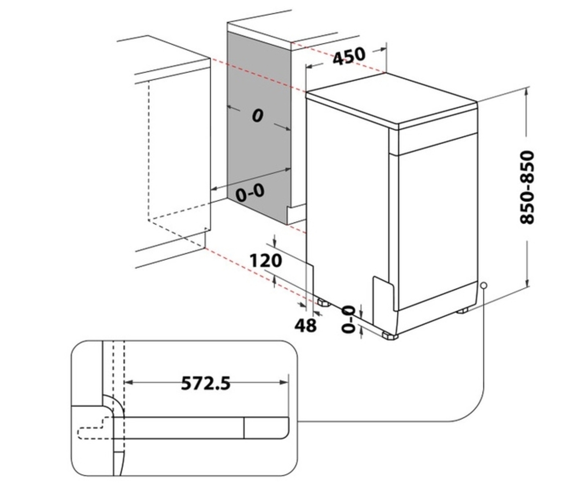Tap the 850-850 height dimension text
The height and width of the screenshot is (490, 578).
(527, 188)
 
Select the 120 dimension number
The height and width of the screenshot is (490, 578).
(265, 260)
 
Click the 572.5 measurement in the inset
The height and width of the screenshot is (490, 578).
(206, 383)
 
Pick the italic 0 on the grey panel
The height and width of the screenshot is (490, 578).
(258, 116)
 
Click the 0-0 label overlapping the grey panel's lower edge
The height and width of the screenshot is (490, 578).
(250, 193)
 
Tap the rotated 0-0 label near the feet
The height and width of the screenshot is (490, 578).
(348, 319)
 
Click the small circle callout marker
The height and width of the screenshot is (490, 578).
(484, 285)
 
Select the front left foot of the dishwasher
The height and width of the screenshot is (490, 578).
(390, 335)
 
